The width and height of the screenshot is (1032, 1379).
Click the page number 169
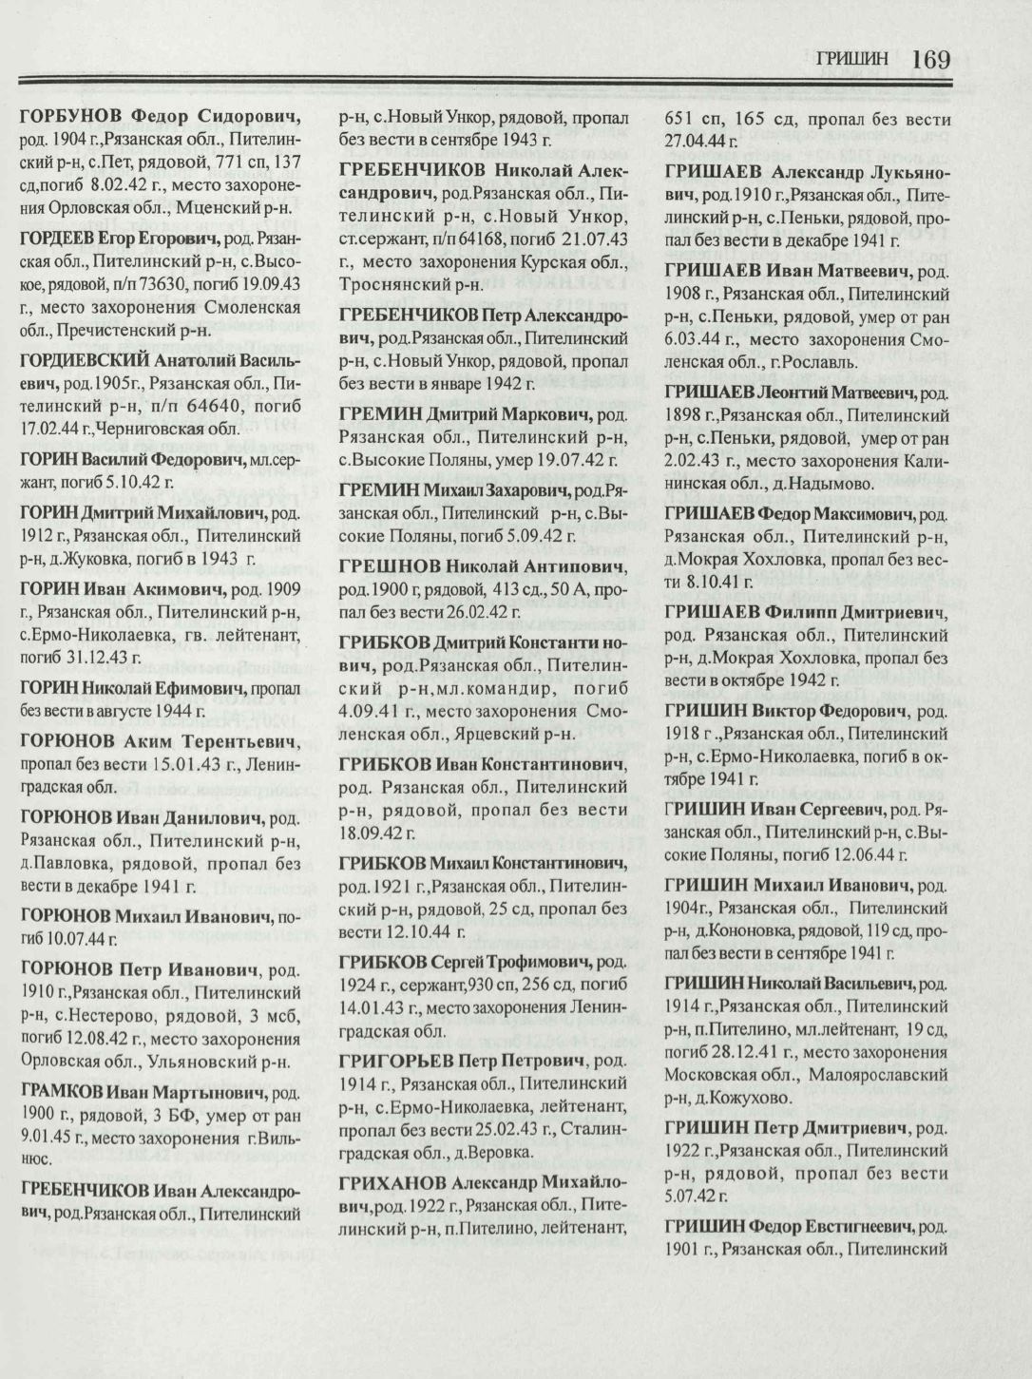point(929,59)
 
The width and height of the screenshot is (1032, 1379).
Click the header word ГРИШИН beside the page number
point(852,60)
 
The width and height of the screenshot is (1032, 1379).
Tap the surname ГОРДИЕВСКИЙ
point(84,359)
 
